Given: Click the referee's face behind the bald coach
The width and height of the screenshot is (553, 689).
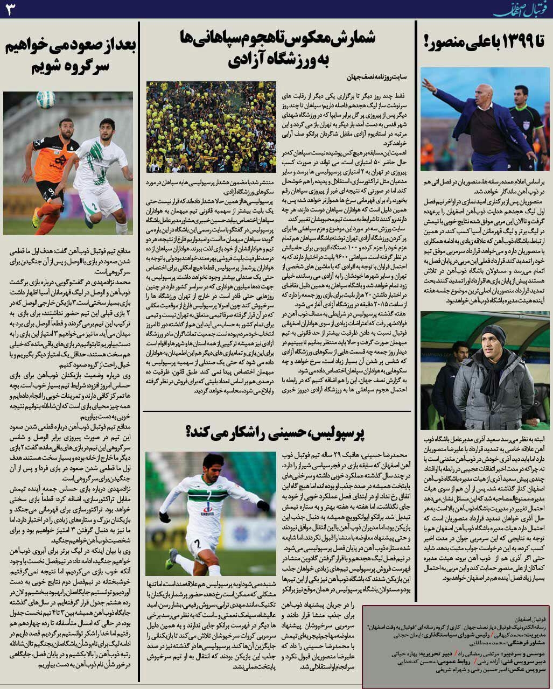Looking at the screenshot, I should [x=521, y=95].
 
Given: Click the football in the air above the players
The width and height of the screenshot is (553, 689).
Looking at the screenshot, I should [x=46, y=100].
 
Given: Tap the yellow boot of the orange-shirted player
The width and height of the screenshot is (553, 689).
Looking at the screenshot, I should [x=36, y=217].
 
